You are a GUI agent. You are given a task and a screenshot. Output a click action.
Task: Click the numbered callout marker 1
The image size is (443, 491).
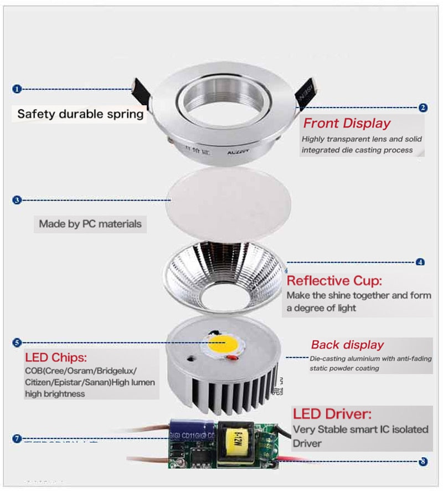[x=17, y=89]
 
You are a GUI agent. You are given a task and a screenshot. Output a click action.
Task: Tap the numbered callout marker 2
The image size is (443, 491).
[x=423, y=108]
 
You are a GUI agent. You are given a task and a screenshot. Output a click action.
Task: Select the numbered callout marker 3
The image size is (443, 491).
[x=17, y=200]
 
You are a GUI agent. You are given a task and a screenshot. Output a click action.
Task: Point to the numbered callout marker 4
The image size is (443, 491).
[x=420, y=262]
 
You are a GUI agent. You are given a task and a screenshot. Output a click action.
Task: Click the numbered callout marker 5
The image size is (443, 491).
[x=17, y=343]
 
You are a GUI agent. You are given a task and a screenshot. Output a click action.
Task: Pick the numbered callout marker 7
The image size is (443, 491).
[x=17, y=439]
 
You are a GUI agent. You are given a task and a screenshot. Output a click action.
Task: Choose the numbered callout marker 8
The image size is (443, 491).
[x=423, y=461]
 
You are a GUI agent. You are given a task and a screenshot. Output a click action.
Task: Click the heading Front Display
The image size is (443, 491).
[x=347, y=123]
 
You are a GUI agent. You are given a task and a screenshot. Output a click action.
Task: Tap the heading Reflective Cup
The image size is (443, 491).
[x=334, y=280]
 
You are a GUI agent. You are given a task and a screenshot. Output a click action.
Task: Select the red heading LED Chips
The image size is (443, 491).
[x=56, y=357]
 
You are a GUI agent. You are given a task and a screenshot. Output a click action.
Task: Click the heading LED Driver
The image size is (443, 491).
[x=332, y=413]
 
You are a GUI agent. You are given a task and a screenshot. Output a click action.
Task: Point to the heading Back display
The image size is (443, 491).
[x=347, y=345]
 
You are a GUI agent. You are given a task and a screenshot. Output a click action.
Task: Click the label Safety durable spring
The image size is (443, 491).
[x=80, y=114]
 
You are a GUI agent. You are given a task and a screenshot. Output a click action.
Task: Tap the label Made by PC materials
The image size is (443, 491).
[x=90, y=224]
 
